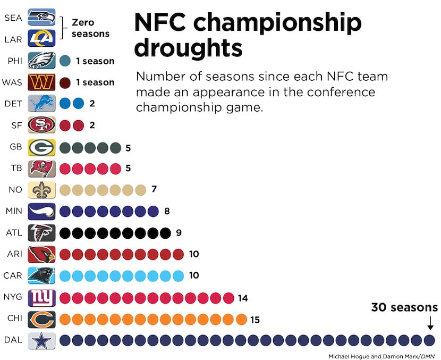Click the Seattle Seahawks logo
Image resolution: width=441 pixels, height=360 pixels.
41,17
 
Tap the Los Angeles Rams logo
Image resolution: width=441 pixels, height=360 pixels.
41,39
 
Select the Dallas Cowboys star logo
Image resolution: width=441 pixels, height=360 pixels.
41,340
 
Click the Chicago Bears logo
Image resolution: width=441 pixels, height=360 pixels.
41,319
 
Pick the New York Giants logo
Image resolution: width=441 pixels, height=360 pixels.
41,298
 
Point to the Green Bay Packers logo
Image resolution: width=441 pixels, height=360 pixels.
41,147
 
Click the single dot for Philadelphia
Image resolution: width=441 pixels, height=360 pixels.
65,61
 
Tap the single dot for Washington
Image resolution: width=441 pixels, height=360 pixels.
65,82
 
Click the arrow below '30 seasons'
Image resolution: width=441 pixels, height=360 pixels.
430,323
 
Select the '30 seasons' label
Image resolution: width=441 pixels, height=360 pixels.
404,307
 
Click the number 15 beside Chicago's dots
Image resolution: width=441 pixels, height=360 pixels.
255,320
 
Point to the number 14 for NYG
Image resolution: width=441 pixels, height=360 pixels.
242,298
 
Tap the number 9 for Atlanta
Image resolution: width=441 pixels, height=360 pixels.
179,232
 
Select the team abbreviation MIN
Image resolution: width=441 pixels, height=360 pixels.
13,211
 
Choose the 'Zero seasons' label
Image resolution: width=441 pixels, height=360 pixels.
90,28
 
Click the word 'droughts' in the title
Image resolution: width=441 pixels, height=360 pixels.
188,48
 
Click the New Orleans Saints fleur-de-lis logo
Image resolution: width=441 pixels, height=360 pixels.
41,190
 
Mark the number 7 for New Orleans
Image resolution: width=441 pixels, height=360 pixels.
154,189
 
